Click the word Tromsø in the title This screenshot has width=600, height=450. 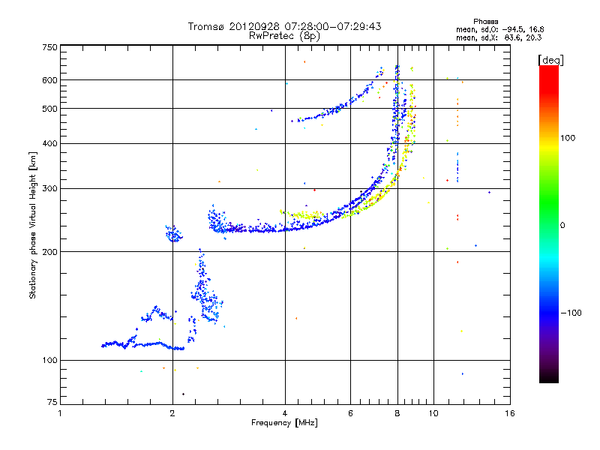point(205,26)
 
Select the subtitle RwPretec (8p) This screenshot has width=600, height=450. point(284,35)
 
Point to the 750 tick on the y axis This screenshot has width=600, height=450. point(49,47)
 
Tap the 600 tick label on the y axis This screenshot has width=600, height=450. point(49,80)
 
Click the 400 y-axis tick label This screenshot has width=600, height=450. point(49,143)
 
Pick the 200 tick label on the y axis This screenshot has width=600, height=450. point(49,252)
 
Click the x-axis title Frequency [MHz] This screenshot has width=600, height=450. point(284,424)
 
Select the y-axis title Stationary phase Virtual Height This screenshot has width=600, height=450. point(33,225)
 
